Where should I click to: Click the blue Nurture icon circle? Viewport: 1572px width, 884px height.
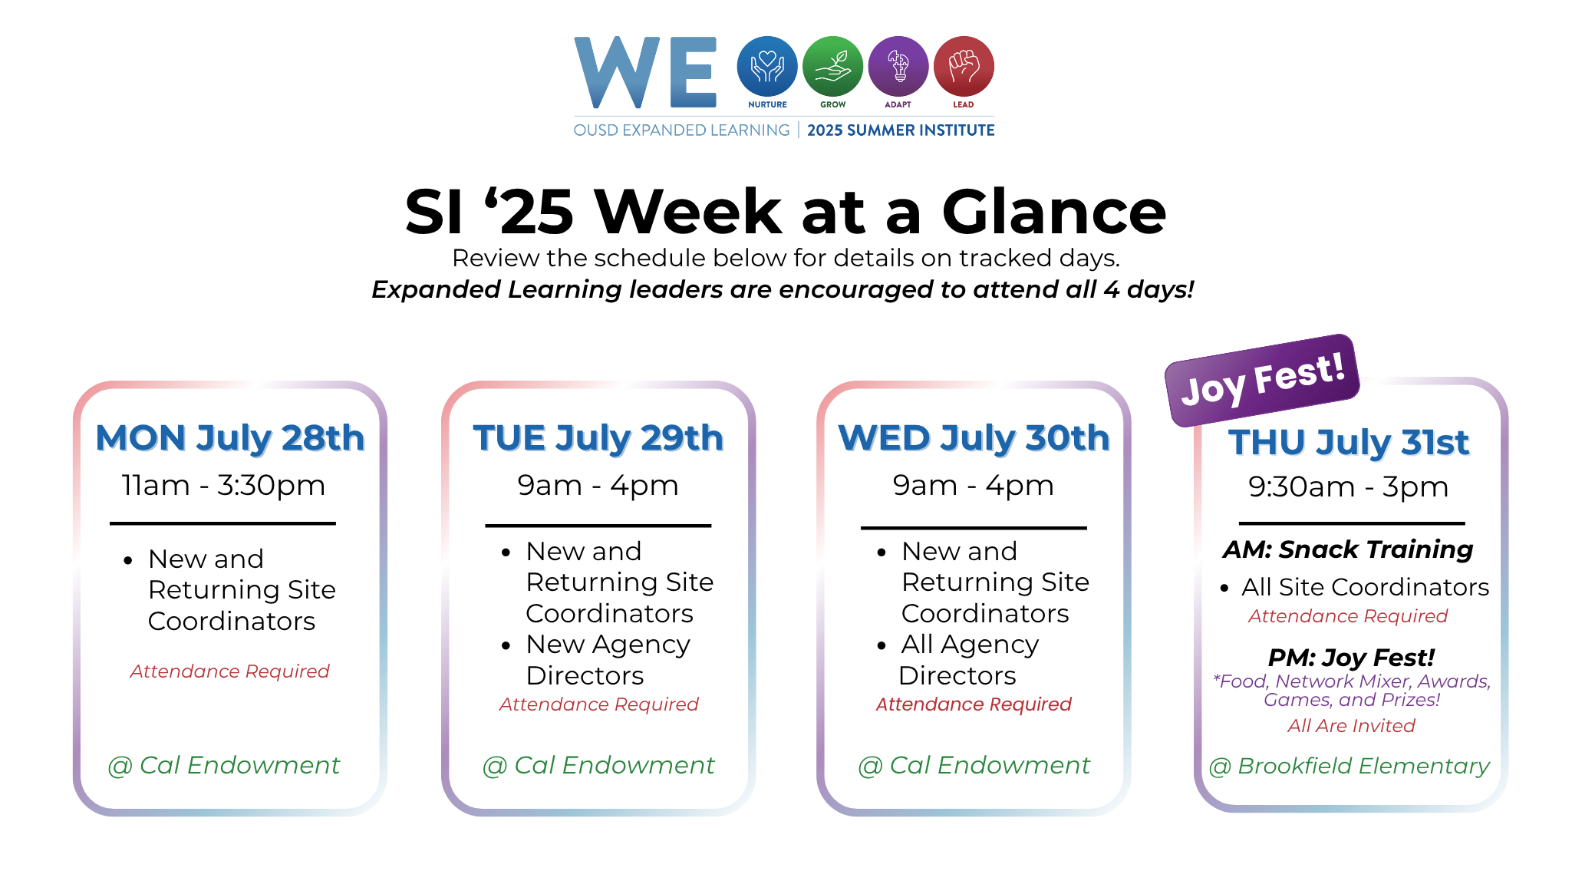pos(767,67)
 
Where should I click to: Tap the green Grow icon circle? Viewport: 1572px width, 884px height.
pos(832,67)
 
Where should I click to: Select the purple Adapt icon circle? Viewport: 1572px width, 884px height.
pos(898,67)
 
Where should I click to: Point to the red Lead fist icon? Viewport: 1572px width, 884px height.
pos(964,67)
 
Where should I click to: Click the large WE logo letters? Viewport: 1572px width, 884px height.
pos(645,72)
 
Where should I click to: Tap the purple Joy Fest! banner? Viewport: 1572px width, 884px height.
pos(1262,380)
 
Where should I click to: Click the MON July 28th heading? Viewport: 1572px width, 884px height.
pos(230,439)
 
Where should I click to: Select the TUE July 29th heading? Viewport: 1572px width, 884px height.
pos(598,439)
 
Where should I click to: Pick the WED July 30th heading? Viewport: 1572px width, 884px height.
pos(974,439)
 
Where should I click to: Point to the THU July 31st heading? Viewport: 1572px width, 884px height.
pos(1349,443)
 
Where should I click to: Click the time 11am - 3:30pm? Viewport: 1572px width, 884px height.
pos(223,486)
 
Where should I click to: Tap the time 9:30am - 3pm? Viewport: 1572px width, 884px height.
pos(1348,487)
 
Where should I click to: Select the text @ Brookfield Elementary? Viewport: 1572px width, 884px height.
pos(1350,766)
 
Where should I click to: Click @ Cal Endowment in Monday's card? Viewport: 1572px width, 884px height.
pos(224,765)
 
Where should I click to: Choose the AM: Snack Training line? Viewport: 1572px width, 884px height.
pos(1348,549)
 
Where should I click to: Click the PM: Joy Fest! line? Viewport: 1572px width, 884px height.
pos(1351,658)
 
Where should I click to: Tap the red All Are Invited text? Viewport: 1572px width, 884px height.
pos(1351,726)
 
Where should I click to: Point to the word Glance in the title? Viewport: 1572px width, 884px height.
pos(1053,212)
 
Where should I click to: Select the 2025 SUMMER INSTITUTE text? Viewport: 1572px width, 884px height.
pos(901,130)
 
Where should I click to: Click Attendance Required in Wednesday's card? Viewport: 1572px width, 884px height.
pos(974,704)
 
